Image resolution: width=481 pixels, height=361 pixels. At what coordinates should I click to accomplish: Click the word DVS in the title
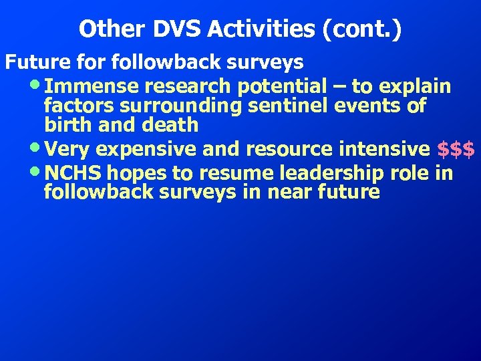pyautogui.click(x=172, y=29)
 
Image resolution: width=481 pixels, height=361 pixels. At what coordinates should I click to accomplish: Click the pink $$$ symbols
pyautogui.click(x=456, y=149)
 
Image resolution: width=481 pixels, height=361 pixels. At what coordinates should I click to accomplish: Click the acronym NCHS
pyautogui.click(x=75, y=173)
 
